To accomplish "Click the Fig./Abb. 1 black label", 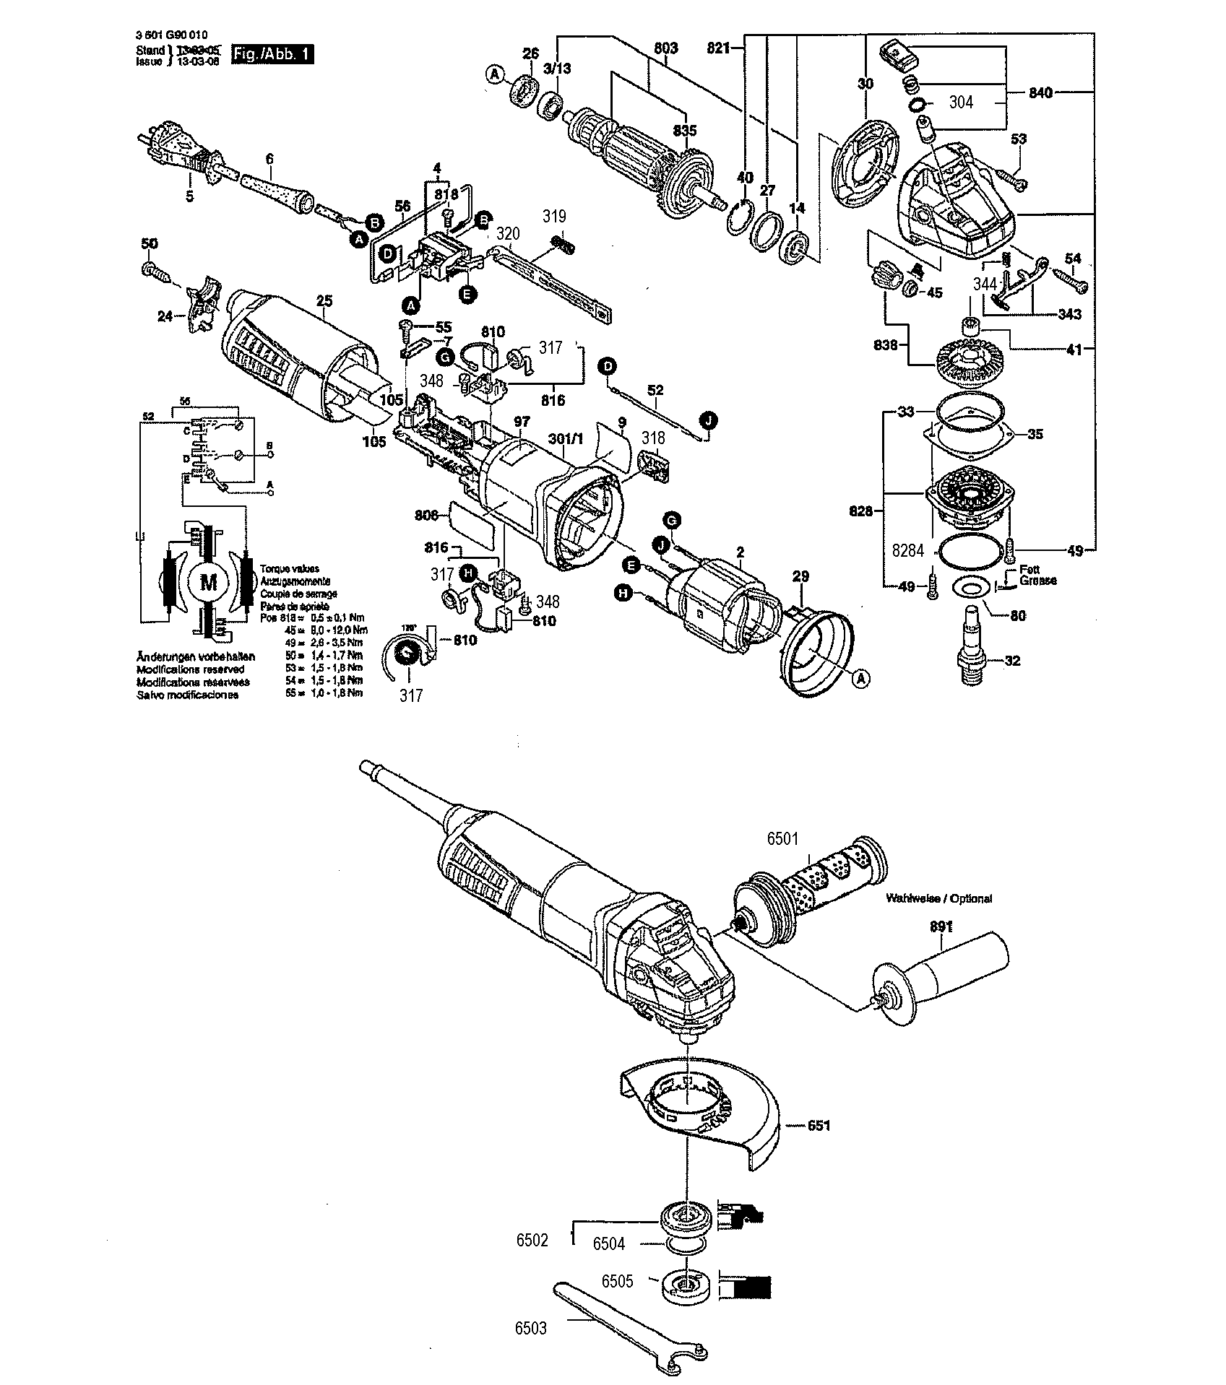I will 272,55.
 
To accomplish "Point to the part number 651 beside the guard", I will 819,1125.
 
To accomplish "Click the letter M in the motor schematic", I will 208,582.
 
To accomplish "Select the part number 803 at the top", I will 665,48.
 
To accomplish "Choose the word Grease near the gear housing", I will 1038,580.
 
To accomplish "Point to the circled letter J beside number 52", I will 708,419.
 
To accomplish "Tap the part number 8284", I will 907,550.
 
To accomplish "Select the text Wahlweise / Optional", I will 939,898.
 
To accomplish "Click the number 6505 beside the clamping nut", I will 617,1281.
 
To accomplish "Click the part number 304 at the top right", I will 960,103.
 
